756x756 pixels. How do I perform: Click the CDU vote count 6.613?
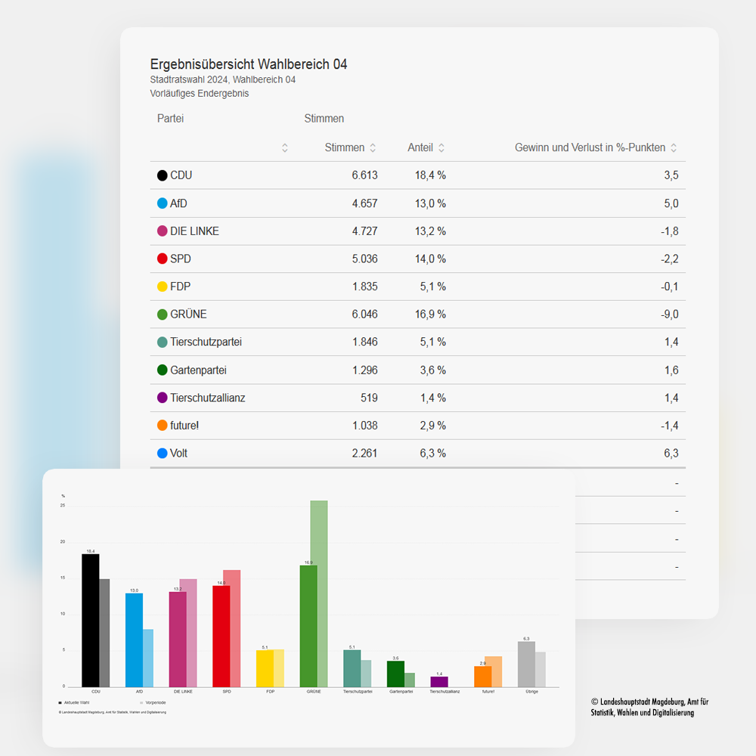coord(364,175)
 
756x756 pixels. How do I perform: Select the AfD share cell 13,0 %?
coord(429,203)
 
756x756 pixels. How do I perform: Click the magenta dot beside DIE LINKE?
coord(162,231)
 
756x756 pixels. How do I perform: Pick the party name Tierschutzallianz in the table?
coord(207,398)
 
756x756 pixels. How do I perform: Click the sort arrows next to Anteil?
coord(442,148)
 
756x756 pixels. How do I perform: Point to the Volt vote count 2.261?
coord(364,454)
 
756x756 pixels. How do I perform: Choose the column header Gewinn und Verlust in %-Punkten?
coord(590,148)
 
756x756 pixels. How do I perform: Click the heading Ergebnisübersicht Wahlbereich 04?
coord(249,64)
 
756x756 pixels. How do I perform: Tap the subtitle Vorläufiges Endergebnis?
coord(200,94)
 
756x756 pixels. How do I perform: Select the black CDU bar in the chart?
coord(90,620)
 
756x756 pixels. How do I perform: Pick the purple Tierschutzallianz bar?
coord(439,681)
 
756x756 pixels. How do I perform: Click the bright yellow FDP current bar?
coord(265,668)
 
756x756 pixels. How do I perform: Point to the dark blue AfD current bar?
coord(134,640)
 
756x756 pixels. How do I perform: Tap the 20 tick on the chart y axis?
coord(63,542)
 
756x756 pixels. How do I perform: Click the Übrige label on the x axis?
coord(531,692)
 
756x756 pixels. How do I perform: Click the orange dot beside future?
coord(162,426)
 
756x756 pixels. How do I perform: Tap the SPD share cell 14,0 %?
coord(429,259)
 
